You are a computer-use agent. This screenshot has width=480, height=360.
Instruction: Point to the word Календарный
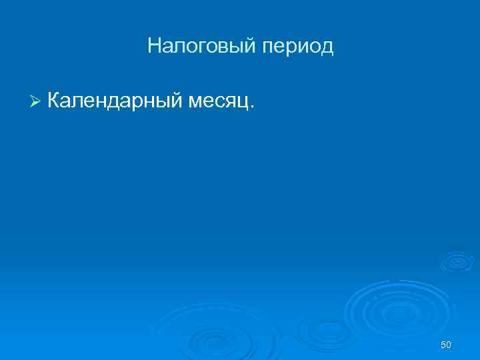pyautogui.click(x=115, y=101)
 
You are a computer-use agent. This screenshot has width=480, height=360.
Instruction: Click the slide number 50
pyautogui.click(x=446, y=344)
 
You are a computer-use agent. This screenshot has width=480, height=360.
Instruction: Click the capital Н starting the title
pyautogui.click(x=154, y=46)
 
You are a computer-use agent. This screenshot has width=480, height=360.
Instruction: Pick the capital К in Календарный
pyautogui.click(x=55, y=101)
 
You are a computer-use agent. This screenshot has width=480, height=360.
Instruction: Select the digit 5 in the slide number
pyautogui.click(x=443, y=344)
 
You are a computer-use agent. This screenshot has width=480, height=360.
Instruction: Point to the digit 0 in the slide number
pyautogui.click(x=449, y=344)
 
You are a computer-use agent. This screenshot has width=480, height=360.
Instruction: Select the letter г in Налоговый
pyautogui.click(x=197, y=47)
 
